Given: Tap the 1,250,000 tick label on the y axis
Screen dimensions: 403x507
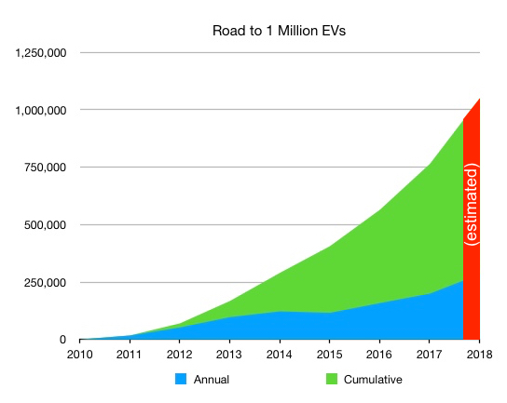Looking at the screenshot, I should pos(40,53).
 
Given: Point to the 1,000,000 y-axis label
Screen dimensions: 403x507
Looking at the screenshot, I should pos(40,110).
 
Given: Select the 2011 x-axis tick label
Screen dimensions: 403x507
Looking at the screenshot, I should pos(129,355).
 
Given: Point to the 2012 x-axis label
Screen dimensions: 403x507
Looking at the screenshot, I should pos(179,355).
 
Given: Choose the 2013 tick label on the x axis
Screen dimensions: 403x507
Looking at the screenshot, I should pos(229,355).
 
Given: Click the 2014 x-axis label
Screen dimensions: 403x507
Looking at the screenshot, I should pos(280,355).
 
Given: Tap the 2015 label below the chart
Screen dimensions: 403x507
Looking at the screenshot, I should pos(329,355).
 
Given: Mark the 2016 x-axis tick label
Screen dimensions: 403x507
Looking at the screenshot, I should pos(379,355).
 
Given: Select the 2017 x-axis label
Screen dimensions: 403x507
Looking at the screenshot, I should pos(430,355).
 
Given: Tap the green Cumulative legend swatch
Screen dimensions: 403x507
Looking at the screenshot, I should pos(330,379).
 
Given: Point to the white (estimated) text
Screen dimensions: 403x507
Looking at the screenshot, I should pos(472,205).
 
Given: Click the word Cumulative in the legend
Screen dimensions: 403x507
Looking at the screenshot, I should pos(374,379).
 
